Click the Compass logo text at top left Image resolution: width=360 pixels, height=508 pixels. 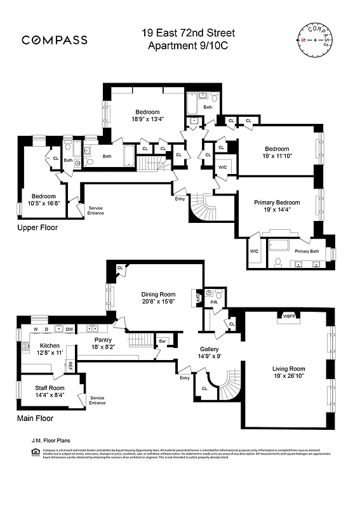pyautogui.click(x=55, y=40)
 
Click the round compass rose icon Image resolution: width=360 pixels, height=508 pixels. pyautogui.click(x=314, y=39)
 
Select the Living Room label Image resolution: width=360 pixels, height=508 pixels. pyautogui.click(x=289, y=368)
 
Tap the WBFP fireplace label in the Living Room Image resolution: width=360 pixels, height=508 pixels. pyautogui.click(x=289, y=316)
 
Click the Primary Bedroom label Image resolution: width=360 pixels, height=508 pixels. pyautogui.click(x=277, y=203)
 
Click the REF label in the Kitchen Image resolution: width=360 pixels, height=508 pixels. pyautogui.click(x=70, y=365)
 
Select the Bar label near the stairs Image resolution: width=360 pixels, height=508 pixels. pyautogui.click(x=162, y=342)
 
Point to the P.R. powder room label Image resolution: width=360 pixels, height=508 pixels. pyautogui.click(x=215, y=302)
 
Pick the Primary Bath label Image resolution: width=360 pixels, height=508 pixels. pyautogui.click(x=306, y=251)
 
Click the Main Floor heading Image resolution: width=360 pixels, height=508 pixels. pyautogui.click(x=35, y=418)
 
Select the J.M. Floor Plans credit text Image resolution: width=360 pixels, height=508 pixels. pyautogui.click(x=50, y=439)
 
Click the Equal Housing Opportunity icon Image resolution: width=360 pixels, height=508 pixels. pyautogui.click(x=35, y=452)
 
